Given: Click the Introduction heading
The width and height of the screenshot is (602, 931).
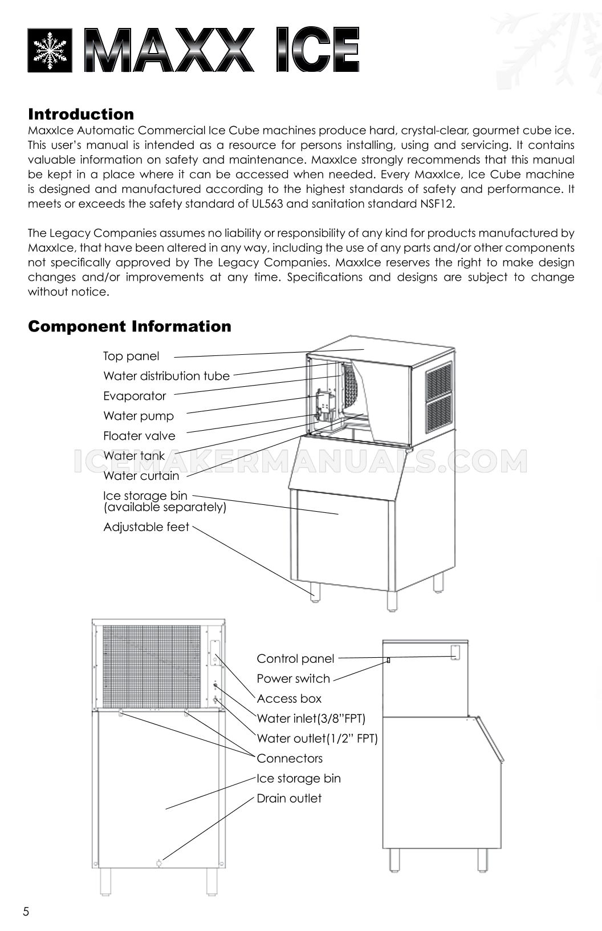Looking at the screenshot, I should (x=81, y=114).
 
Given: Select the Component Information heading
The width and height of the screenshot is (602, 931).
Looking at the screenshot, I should (x=130, y=326).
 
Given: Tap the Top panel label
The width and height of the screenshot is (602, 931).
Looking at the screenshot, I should (x=131, y=356).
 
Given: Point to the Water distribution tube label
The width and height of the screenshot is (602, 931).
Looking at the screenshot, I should (x=166, y=376).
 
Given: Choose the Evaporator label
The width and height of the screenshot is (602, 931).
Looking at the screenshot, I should (x=135, y=396).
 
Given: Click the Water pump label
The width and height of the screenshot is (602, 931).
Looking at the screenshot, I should (x=139, y=416).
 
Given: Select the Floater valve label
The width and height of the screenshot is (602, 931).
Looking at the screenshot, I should (x=139, y=436).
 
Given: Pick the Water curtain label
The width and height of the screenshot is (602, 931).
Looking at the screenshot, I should (x=141, y=476).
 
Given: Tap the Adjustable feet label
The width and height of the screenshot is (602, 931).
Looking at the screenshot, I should (x=146, y=527).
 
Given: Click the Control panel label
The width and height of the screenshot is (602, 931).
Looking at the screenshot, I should (x=295, y=659).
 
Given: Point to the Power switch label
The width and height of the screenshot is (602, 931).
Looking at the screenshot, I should (x=293, y=679).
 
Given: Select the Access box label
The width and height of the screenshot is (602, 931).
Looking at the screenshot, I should (x=289, y=699).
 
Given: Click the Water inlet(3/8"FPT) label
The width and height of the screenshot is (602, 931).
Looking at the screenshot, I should (x=311, y=719).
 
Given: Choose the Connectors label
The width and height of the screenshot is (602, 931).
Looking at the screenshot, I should (x=290, y=759).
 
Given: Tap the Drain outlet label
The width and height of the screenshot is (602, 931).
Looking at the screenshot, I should (x=289, y=799).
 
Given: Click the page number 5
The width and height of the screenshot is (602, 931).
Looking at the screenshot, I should (x=26, y=911).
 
